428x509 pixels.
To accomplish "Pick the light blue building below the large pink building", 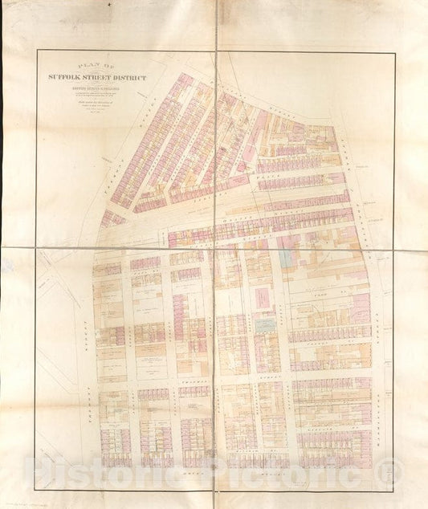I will tap(264, 324).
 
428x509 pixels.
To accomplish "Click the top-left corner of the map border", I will tap(37, 51).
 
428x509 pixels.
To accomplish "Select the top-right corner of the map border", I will tap(394, 53).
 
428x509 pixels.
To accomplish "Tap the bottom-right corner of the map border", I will tap(393, 491).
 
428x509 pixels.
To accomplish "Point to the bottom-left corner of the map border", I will tap(35, 489).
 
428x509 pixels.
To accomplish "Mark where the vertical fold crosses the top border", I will tap(216, 51).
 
